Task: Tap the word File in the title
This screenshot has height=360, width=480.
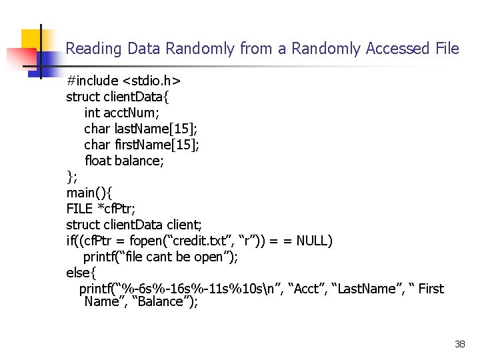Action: pos(447,49)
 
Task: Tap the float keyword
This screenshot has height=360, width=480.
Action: pos(98,161)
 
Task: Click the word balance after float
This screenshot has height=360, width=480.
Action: pos(139,161)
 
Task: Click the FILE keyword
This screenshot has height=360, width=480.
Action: pos(80,209)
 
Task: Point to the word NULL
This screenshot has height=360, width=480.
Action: pos(315,241)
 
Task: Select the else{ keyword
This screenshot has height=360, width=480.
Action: pos(81,273)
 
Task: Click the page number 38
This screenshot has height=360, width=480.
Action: pos(459,344)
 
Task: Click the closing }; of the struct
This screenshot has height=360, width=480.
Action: pos(71,177)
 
